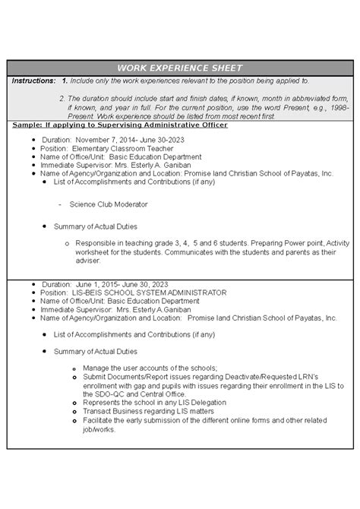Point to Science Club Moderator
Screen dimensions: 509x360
[109, 204]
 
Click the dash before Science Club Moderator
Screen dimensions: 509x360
[59, 204]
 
